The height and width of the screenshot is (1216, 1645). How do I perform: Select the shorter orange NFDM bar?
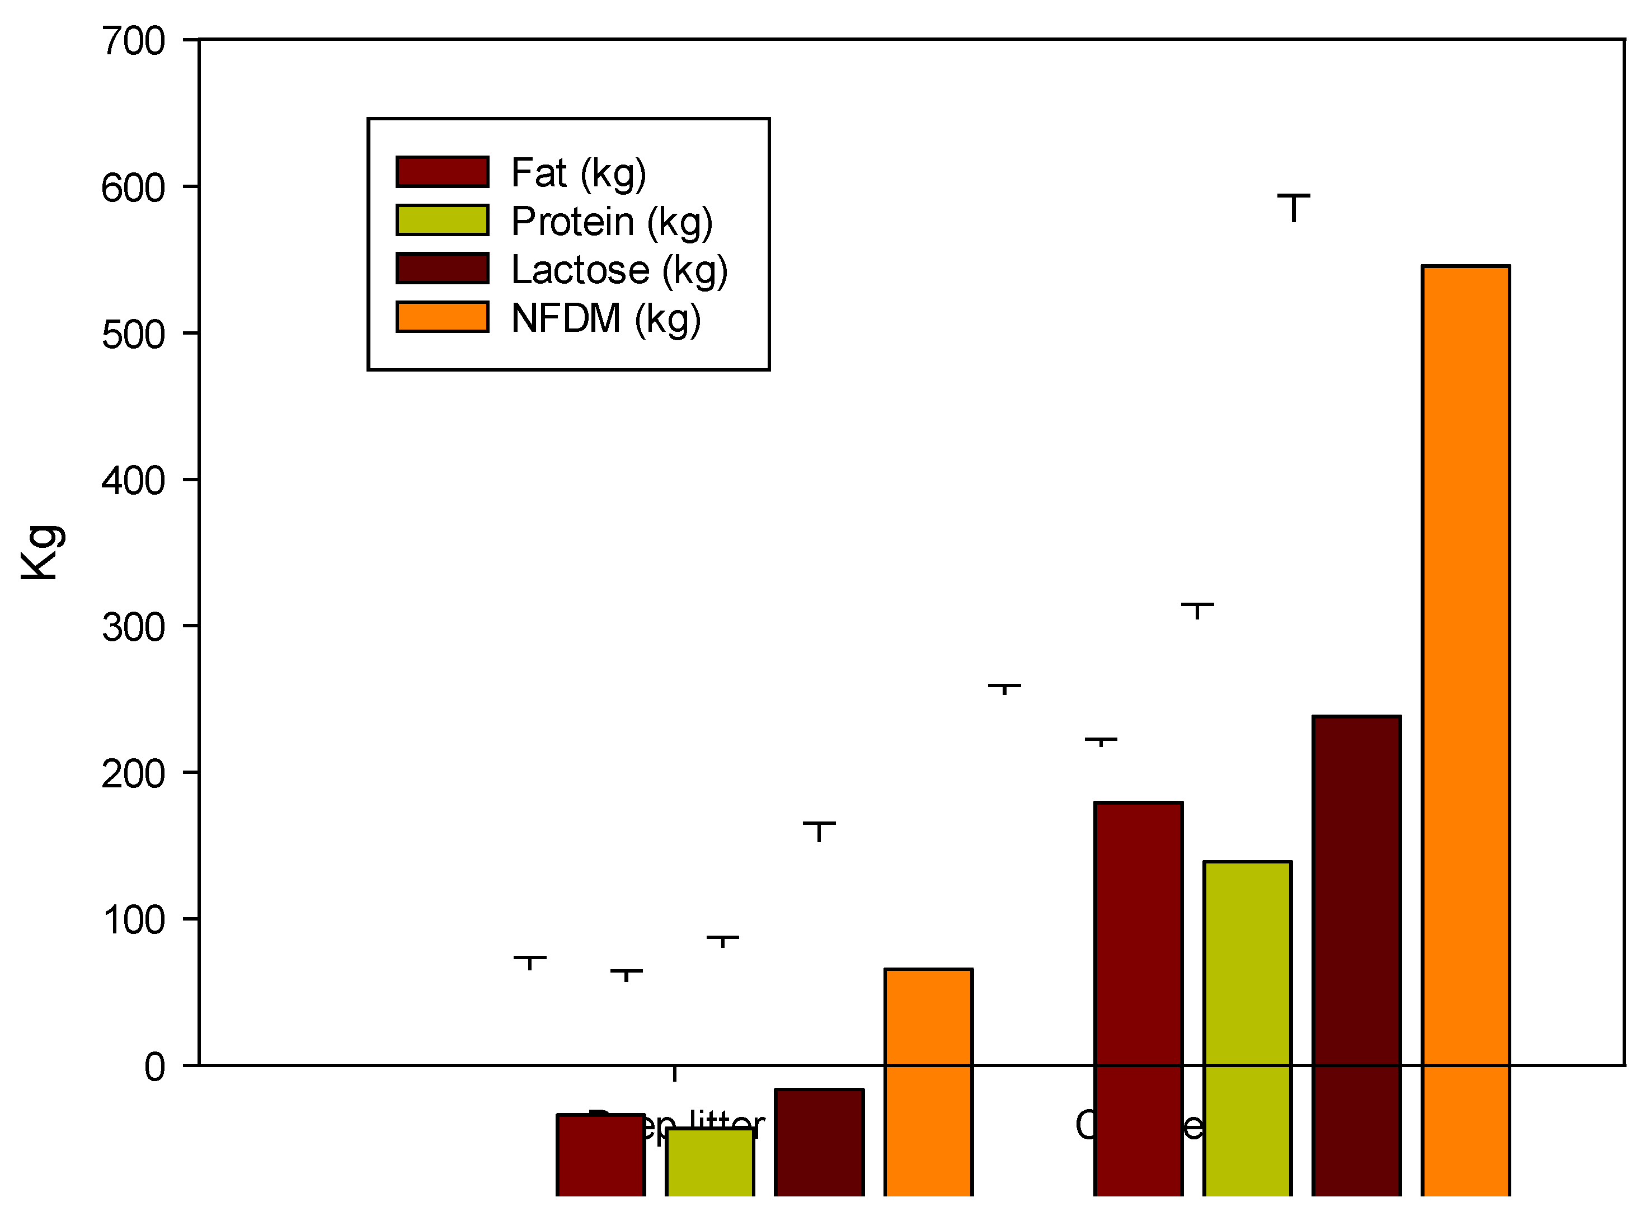(928, 1082)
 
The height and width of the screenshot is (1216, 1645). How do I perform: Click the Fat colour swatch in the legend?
(441, 171)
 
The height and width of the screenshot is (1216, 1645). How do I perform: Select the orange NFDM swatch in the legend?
(441, 317)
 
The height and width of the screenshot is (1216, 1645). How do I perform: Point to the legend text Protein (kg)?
(612, 222)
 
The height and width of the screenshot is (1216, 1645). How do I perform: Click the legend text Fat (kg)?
(579, 173)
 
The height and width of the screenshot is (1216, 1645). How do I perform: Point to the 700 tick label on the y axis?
(133, 41)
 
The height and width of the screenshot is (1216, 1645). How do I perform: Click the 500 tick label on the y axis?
(133, 335)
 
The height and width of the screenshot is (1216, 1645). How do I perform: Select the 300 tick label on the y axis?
(133, 628)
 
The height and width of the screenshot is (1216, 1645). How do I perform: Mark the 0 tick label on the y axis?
(154, 1067)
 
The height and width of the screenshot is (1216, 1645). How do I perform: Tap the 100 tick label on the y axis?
(133, 920)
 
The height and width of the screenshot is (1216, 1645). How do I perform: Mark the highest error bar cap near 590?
(1293, 196)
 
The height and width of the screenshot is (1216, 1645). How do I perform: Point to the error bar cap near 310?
(1197, 604)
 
